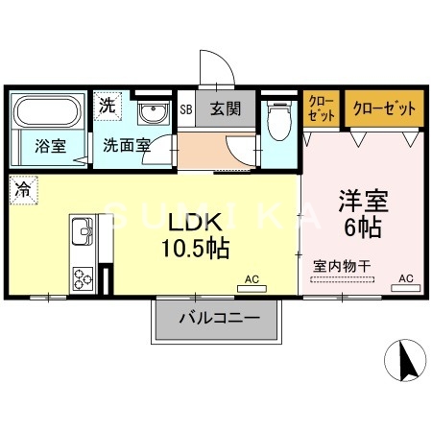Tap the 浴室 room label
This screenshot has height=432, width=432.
51,147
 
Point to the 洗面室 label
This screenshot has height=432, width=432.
127,147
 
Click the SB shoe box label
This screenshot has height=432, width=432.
187,109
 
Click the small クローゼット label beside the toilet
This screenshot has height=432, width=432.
322,108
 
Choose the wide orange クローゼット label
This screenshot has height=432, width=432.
384,108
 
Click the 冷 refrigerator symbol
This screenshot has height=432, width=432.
21,189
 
